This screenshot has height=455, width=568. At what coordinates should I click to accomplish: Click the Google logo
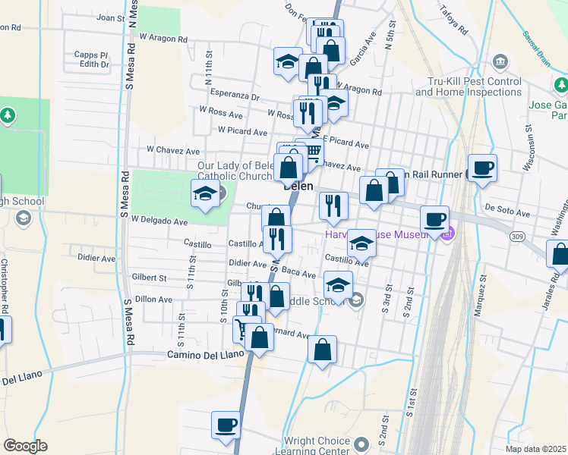(x=25, y=446)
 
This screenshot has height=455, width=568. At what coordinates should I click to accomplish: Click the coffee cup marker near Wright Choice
(x=226, y=425)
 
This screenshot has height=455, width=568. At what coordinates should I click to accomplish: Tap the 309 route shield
(x=516, y=237)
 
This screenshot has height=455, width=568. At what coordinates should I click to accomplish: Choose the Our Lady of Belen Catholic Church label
(x=235, y=171)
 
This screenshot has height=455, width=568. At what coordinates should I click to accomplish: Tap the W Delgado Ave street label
(x=159, y=221)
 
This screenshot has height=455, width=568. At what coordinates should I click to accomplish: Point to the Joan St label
(x=111, y=17)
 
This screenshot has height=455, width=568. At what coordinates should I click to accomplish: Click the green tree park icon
(x=8, y=115)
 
